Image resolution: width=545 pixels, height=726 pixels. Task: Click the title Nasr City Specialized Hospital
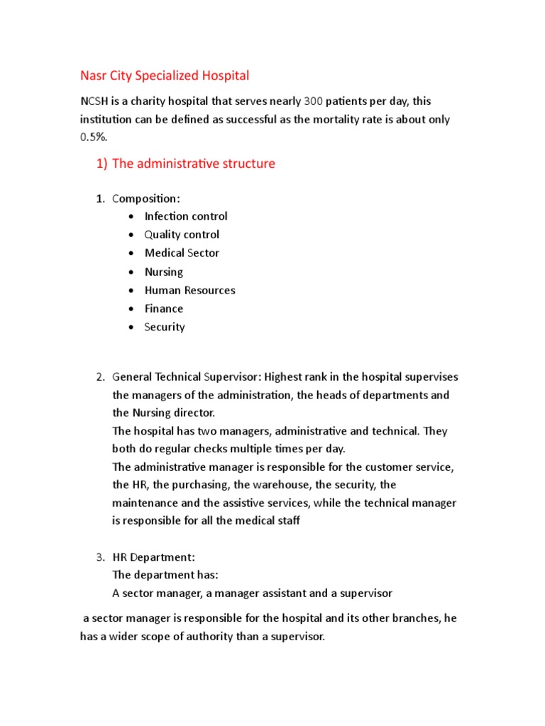pos(165,74)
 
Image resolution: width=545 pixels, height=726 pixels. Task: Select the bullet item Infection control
pos(186,216)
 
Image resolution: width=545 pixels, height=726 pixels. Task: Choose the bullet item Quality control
pos(182,235)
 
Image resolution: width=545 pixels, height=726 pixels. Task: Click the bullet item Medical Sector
pos(182,253)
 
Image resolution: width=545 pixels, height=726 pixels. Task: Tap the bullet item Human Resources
pos(189,290)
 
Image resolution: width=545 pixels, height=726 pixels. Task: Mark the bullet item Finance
pos(164,308)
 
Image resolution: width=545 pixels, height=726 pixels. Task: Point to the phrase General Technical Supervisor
pos(187,376)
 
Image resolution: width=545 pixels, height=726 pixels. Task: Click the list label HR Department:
pos(153,557)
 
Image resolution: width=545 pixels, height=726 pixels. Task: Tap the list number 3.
pos(100,557)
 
